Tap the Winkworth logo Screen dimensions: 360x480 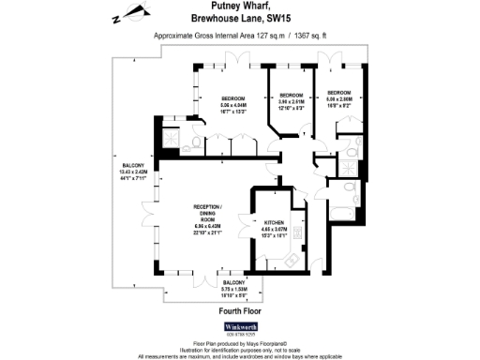[240, 325]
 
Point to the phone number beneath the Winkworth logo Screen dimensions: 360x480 [240, 334]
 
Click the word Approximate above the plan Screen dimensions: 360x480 [174, 37]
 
